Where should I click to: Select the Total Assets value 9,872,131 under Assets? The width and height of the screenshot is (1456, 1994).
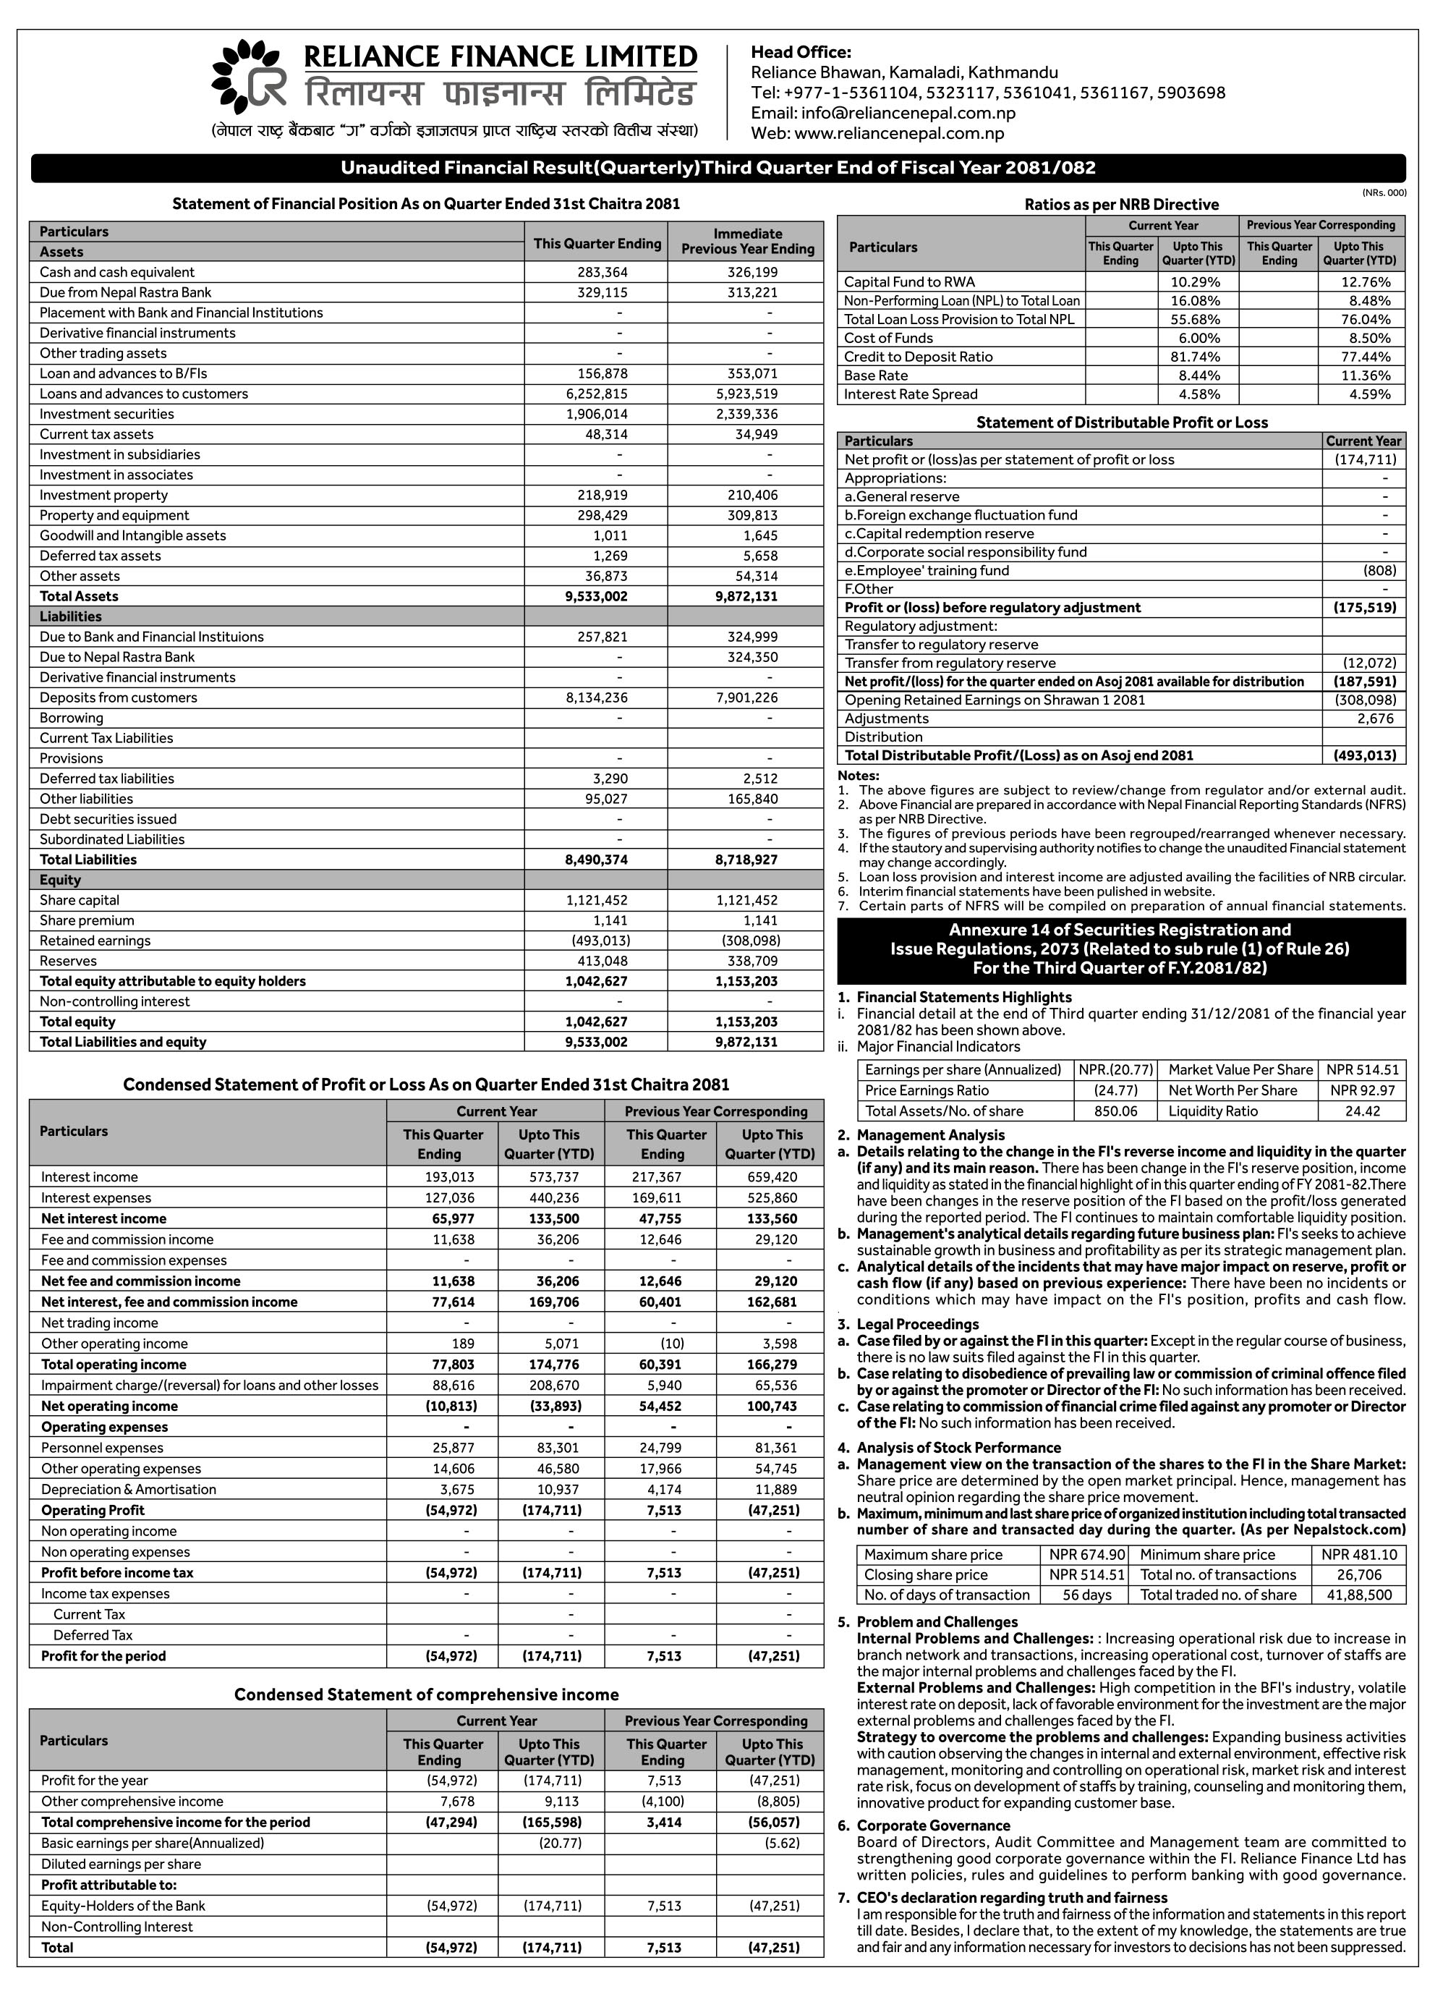point(746,597)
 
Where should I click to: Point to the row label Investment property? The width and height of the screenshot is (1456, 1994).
point(103,496)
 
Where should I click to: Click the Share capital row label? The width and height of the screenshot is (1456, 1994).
point(80,901)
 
